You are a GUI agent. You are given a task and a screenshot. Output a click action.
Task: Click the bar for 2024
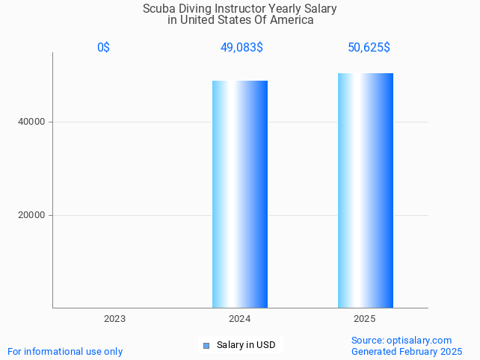pyautogui.click(x=240, y=194)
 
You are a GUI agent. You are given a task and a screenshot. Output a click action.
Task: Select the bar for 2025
pyautogui.click(x=366, y=190)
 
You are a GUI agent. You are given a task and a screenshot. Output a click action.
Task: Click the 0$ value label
pyautogui.click(x=103, y=48)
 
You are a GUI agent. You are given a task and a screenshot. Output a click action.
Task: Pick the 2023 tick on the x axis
pyautogui.click(x=115, y=319)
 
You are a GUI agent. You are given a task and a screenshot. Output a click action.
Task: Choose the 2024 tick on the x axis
pyautogui.click(x=240, y=319)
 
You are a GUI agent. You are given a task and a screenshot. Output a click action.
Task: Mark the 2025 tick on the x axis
pyautogui.click(x=365, y=319)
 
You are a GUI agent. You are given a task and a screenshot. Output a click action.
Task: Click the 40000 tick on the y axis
pyautogui.click(x=31, y=122)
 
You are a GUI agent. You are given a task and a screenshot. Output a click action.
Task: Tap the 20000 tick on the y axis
pyautogui.click(x=31, y=215)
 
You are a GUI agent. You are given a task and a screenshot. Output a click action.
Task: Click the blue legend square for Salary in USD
pyautogui.click(x=207, y=345)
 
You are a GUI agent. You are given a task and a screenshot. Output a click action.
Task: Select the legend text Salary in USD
pyautogui.click(x=246, y=345)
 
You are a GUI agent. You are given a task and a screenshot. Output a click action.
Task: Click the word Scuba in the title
pyautogui.click(x=158, y=9)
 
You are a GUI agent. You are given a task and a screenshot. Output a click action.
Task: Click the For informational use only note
pyautogui.click(x=65, y=351)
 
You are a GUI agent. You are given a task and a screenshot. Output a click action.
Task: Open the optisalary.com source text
pyautogui.click(x=401, y=341)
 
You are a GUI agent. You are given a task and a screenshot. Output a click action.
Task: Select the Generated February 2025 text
pyautogui.click(x=407, y=351)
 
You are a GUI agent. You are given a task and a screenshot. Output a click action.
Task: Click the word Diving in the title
pyautogui.click(x=194, y=9)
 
